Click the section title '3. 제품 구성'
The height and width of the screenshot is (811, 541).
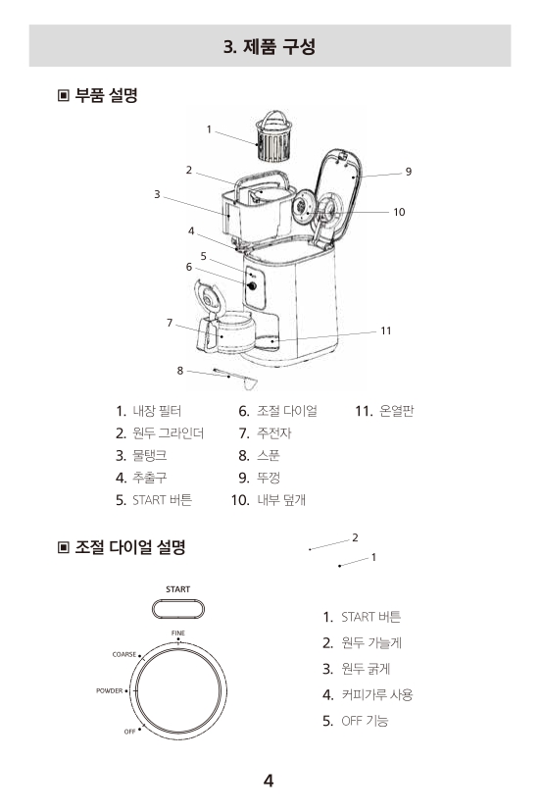[x=270, y=46]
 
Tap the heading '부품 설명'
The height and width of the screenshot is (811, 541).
[x=106, y=95]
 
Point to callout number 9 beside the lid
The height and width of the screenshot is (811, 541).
[x=409, y=172]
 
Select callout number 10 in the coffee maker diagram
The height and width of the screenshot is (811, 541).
[x=399, y=212]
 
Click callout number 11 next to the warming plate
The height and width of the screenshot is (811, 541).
[x=386, y=330]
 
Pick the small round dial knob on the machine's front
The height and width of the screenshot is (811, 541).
[x=252, y=285]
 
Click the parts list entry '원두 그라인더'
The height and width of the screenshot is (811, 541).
[x=168, y=432]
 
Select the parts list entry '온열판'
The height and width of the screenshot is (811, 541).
[x=396, y=411]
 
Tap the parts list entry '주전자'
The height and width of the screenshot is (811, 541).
[x=273, y=432]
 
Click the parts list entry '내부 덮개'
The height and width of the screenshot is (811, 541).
[x=281, y=499]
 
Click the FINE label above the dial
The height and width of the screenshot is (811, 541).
[x=178, y=634]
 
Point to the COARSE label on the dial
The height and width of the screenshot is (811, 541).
[x=124, y=654]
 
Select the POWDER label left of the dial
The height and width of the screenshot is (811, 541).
[x=110, y=690]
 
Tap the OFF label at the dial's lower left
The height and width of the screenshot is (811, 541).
[x=129, y=732]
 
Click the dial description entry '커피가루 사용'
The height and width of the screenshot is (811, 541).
[x=377, y=694]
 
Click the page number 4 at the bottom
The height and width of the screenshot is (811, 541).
[x=269, y=781]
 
